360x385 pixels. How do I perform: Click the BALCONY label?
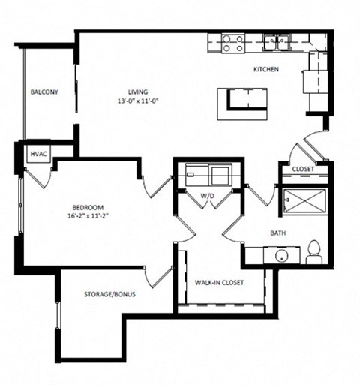pos(45,92)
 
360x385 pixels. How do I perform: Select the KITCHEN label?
pos(266,69)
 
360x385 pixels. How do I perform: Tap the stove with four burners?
pos(233,43)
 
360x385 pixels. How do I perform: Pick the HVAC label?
pos(38,154)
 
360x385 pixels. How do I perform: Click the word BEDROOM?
pos(87,207)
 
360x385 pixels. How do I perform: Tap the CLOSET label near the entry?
pos(303,170)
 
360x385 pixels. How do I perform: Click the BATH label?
pos(277,233)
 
